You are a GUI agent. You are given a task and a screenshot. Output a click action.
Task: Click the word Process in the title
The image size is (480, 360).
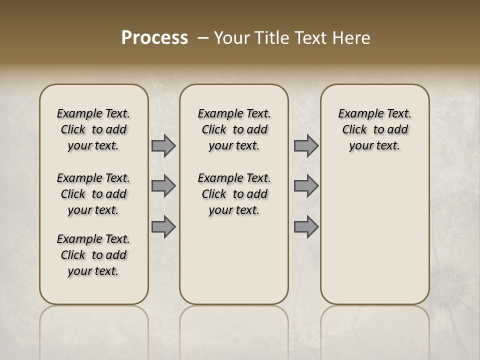coord(154,38)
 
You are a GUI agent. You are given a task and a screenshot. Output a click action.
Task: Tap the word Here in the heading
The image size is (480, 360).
coord(351,38)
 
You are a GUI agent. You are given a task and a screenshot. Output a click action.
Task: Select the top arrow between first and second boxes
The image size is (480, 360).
coord(163,146)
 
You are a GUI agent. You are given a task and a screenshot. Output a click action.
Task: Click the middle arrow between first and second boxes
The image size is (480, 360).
coord(163,186)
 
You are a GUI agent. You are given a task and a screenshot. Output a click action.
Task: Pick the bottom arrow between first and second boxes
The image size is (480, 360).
coord(163,227)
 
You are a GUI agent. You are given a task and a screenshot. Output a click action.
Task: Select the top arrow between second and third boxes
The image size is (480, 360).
coord(306,146)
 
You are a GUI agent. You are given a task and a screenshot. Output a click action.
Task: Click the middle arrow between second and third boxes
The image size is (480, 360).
coord(306,186)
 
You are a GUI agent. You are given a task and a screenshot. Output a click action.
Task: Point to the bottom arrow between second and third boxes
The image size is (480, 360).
coord(306,227)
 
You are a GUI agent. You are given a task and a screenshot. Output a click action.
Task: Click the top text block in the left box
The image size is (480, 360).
coord(93,129)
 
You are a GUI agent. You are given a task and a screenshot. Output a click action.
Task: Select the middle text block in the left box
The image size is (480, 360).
coord(93,194)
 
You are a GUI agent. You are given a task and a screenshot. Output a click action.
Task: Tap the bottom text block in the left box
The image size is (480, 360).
coord(93,255)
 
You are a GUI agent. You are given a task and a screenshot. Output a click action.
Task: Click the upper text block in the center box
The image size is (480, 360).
coord(234,129)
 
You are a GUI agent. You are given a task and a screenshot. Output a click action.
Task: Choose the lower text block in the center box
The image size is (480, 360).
coord(234,194)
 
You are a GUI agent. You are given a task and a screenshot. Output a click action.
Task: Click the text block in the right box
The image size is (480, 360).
coord(375,129)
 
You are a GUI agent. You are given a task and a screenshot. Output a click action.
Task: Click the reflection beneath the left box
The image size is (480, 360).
coord(94,330)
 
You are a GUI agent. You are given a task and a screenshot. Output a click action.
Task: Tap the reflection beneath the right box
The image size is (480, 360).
coord(375,330)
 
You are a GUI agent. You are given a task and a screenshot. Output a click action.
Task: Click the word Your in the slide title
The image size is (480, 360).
coord(231,38)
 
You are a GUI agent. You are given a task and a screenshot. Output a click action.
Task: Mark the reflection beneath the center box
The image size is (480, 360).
coord(234,330)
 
